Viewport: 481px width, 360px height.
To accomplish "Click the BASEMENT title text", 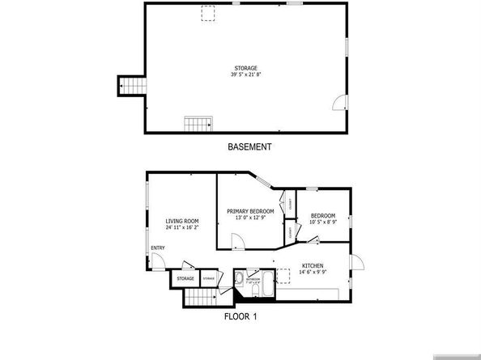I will pyautogui.click(x=249, y=147).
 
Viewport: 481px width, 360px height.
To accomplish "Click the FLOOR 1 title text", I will pyautogui.click(x=240, y=316).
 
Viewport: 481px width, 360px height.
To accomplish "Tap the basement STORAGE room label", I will pyautogui.click(x=246, y=68).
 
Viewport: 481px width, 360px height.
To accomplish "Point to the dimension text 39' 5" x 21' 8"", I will pyautogui.click(x=246, y=75).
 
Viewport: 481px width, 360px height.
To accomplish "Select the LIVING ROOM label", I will pyautogui.click(x=182, y=221).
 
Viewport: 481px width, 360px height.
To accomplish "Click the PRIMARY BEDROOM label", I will pyautogui.click(x=250, y=212).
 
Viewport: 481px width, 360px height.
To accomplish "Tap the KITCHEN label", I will pyautogui.click(x=313, y=265).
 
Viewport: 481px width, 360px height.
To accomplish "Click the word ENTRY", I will pyautogui.click(x=158, y=248).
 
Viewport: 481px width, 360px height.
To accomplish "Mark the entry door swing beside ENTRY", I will pyautogui.click(x=160, y=260).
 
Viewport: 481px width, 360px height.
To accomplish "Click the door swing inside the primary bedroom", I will pyautogui.click(x=236, y=241).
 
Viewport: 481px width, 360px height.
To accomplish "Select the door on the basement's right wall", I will pyautogui.click(x=341, y=102).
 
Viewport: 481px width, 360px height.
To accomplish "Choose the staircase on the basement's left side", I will pyautogui.click(x=130, y=87).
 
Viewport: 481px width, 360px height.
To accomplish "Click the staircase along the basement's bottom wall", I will pyautogui.click(x=198, y=124).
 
